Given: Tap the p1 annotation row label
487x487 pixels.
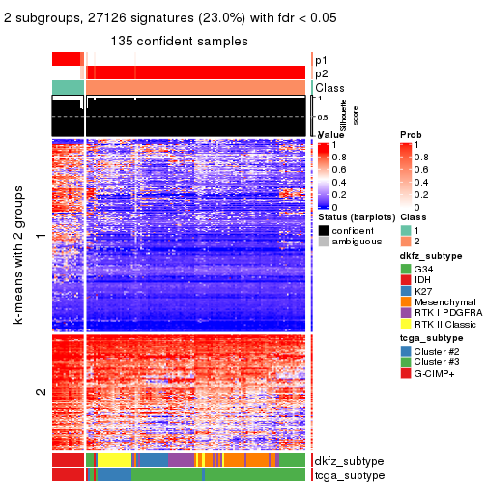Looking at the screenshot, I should [x=321, y=60].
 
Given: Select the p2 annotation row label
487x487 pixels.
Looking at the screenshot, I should [x=321, y=73].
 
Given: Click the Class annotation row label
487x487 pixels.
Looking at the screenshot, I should [x=329, y=88].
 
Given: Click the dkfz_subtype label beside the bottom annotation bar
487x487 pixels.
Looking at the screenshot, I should [x=350, y=461].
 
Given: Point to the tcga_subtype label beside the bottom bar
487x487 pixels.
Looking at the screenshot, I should [x=350, y=475].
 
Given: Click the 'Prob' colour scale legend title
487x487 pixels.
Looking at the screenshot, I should [x=410, y=134].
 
